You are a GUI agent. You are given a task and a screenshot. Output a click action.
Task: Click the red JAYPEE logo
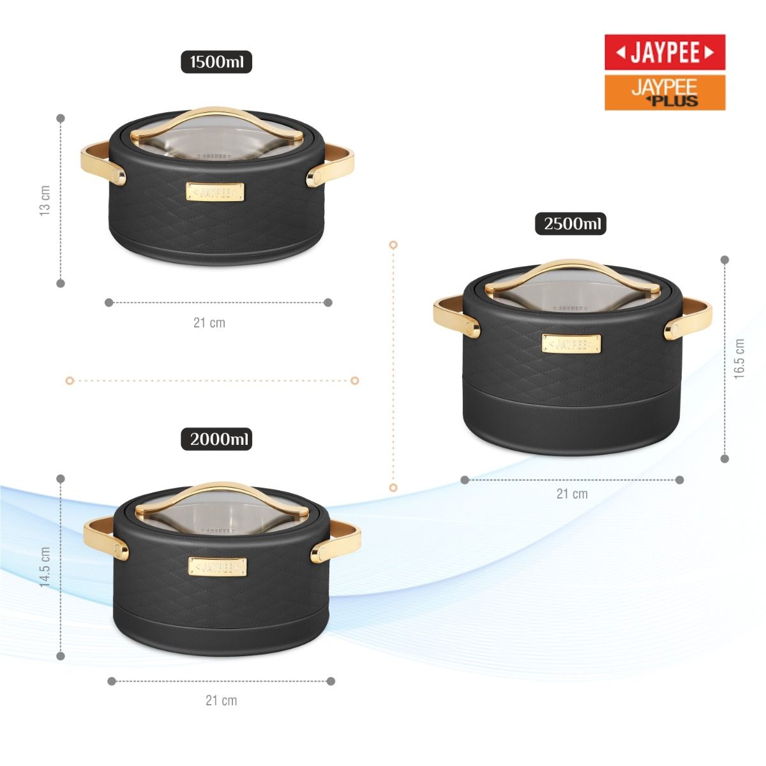click(x=665, y=52)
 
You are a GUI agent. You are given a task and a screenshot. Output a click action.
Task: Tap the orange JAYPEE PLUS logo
click(x=665, y=93)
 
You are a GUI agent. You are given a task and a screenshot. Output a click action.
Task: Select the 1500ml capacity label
click(x=216, y=63)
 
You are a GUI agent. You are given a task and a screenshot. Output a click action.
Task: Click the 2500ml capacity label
click(x=571, y=224)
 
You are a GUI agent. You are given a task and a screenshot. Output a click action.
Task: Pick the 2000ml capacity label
click(x=216, y=439)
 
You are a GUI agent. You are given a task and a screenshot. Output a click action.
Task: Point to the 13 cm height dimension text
click(x=45, y=201)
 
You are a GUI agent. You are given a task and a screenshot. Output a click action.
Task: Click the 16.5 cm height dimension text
click(x=739, y=359)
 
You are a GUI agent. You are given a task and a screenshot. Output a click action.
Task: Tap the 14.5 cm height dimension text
click(x=45, y=567)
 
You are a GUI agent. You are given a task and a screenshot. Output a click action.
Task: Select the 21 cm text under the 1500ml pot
click(x=209, y=323)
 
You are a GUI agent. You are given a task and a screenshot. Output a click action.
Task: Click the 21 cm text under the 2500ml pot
click(x=572, y=493)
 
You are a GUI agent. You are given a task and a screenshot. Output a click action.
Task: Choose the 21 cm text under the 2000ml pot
click(x=221, y=700)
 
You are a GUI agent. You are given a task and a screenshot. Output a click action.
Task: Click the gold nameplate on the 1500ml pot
click(x=215, y=192)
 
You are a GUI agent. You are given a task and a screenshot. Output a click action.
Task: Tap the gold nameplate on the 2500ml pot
click(x=571, y=343)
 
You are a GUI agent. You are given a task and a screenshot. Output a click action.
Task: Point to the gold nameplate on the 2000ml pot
click(x=217, y=567)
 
